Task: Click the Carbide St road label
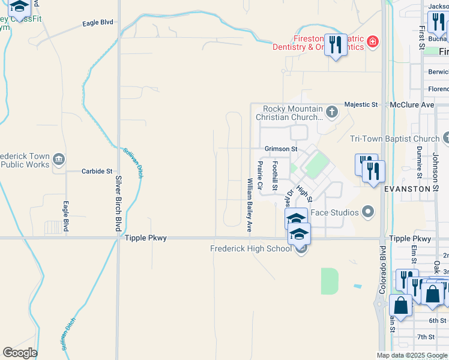[97, 171]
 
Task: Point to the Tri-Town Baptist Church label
[395, 139]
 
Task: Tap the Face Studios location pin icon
[368, 212]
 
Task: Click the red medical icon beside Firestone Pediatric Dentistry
[373, 41]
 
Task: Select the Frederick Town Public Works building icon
[59, 159]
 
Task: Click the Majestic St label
[361, 104]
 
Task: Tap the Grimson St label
[281, 148]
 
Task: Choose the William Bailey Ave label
[249, 205]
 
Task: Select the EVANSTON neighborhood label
[408, 188]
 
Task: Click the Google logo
[20, 353]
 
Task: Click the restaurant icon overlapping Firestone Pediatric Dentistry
[336, 46]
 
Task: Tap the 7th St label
[426, 337]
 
